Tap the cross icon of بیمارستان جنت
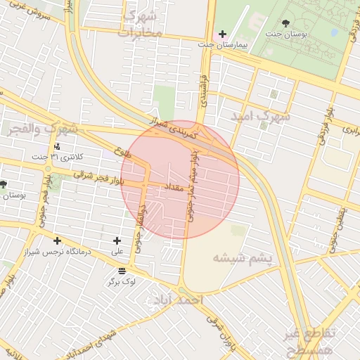click(x=222, y=34)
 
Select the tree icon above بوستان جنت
click(x=285, y=23)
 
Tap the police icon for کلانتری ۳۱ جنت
click(x=57, y=146)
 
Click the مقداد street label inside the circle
click(x=174, y=188)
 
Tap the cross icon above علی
click(x=117, y=240)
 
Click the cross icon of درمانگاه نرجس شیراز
click(x=57, y=241)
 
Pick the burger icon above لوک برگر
click(x=122, y=271)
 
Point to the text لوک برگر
click(x=121, y=282)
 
